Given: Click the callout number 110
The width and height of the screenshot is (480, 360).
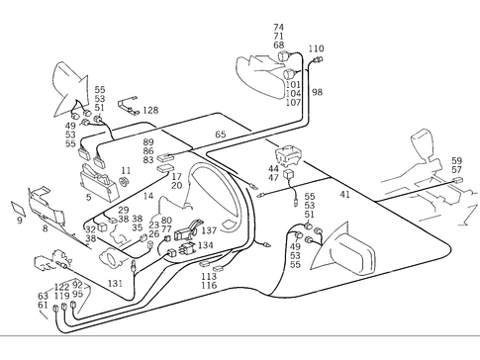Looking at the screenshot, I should [315, 48].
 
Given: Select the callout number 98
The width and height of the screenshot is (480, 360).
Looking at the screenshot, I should [317, 92].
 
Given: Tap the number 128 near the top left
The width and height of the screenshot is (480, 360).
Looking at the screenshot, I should [150, 110].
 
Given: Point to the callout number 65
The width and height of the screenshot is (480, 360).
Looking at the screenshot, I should [220, 134].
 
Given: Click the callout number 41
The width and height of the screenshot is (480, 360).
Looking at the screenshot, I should [344, 195].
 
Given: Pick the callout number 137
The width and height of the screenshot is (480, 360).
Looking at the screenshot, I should [208, 230].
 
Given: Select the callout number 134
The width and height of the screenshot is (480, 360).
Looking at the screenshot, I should [205, 244].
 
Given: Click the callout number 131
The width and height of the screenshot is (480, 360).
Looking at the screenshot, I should [116, 283].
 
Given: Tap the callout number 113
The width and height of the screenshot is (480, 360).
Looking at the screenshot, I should [208, 276].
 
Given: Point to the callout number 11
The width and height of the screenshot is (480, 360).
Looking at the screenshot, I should [126, 171].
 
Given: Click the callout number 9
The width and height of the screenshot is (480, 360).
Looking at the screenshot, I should [19, 221].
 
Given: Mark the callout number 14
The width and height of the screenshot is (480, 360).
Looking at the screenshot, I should [147, 197].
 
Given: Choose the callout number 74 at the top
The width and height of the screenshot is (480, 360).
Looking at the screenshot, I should [278, 27].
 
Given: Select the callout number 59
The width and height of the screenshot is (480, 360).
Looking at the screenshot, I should [456, 160].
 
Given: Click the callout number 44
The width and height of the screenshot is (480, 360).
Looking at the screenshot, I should [273, 168].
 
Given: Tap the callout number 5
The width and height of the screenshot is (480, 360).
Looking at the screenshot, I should [88, 197].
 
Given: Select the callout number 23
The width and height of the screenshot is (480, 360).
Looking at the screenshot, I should [153, 225].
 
